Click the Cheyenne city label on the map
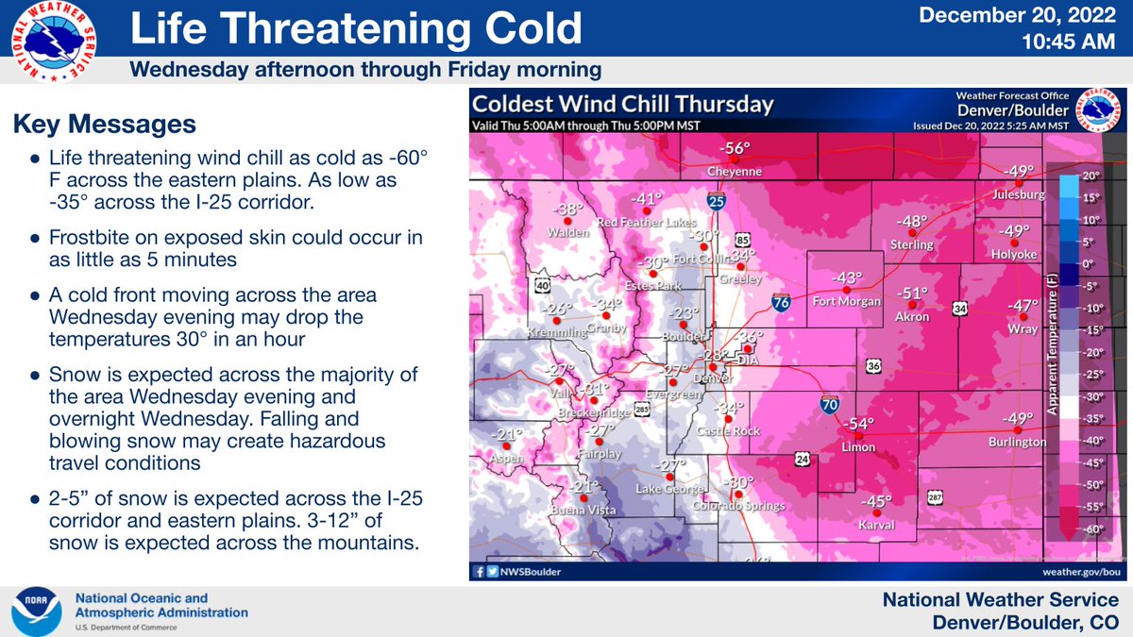coord(735,173)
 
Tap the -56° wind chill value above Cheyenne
coord(735,149)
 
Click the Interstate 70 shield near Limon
coord(828,405)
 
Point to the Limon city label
coord(859,446)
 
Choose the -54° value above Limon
coord(859,424)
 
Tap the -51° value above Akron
coord(913,293)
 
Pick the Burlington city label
coord(1018,442)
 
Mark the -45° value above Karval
coord(876,502)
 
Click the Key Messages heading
coord(105,125)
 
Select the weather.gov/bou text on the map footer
coord(1080,571)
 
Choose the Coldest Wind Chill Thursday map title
coord(623,105)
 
